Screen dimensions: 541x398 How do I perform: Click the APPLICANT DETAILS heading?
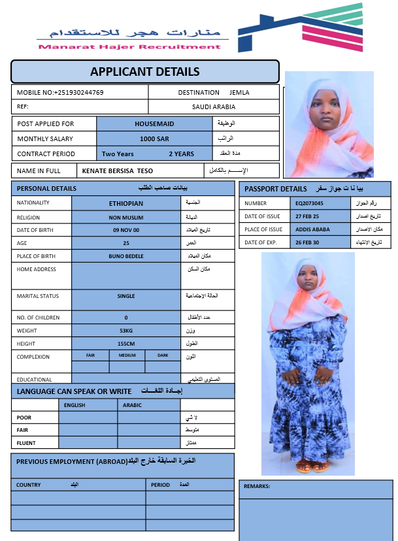coord(145,71)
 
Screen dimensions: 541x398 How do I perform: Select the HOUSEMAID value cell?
coord(155,123)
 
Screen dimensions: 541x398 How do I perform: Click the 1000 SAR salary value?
coord(155,139)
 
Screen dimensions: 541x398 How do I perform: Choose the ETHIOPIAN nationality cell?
coord(126,203)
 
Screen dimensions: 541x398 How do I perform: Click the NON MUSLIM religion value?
coord(126,217)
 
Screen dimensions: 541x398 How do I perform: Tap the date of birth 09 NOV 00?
coord(126,230)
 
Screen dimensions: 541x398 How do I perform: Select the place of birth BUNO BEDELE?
coord(126,256)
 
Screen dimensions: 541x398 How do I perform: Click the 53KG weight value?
coord(126,331)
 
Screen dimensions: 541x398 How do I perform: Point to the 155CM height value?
coord(126,343)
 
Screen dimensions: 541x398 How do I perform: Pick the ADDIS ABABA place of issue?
coord(312,229)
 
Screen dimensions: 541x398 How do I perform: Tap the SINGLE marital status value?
coord(126,296)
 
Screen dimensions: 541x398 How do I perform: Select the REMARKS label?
coord(257,486)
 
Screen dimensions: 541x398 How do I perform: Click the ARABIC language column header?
coord(132,405)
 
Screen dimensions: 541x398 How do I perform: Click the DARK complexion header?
coord(163,355)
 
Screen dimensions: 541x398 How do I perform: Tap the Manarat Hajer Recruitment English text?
coord(129,46)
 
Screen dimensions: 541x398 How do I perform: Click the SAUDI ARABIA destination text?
coord(214,107)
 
